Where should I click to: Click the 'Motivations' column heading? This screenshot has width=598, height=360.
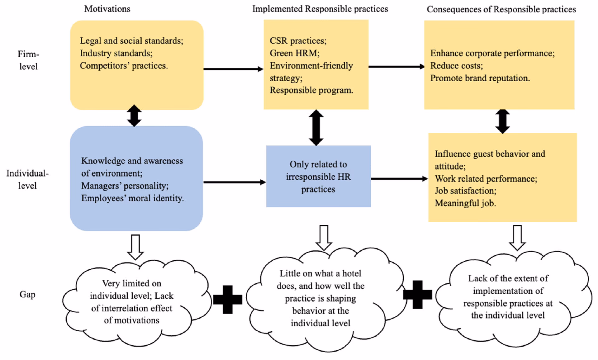[107, 9]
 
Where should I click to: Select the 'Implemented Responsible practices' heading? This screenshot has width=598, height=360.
[320, 9]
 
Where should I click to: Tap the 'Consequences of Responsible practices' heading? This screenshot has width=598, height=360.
[501, 9]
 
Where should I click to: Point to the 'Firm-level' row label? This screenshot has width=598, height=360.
[28, 60]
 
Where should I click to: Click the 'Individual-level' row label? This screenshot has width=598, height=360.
[27, 179]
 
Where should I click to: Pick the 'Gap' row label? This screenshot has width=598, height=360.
[27, 294]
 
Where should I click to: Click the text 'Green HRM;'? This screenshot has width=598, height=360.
[294, 53]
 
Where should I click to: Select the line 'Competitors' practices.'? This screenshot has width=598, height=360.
[124, 66]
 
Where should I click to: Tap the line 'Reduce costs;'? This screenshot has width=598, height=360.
[456, 66]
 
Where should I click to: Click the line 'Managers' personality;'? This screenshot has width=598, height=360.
[125, 186]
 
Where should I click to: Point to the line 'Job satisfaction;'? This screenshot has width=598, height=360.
[465, 191]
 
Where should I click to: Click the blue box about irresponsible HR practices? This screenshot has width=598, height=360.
[318, 176]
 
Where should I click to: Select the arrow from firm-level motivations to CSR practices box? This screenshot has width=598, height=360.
[233, 69]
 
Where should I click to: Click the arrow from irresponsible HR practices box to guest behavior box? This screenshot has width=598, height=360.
[399, 179]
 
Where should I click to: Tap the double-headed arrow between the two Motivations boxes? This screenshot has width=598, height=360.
[134, 116]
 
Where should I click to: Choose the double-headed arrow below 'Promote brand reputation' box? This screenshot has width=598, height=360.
[502, 121]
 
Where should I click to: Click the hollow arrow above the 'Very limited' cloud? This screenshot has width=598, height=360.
[135, 247]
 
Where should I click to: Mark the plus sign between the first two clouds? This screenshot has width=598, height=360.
[228, 299]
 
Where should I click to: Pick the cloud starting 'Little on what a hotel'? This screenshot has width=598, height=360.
[320, 298]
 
